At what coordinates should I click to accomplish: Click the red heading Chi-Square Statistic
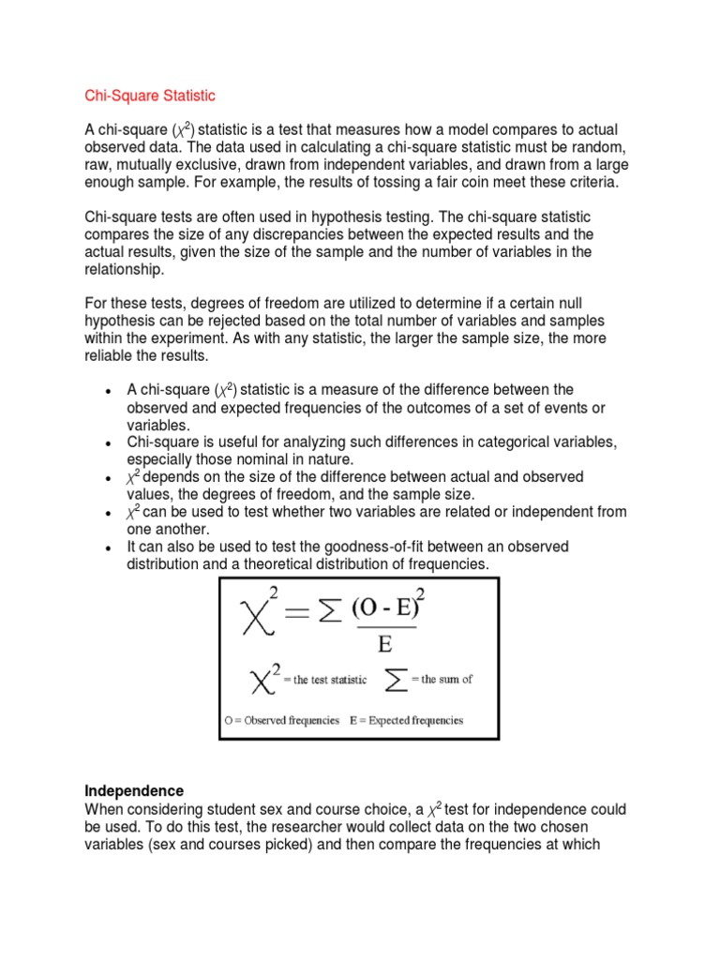[x=150, y=96]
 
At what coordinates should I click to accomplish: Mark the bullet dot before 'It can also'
[x=110, y=548]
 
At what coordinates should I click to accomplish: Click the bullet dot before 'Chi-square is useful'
[x=110, y=443]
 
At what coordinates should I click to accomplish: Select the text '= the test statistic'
[x=322, y=680]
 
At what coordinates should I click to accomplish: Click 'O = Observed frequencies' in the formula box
[x=281, y=721]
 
